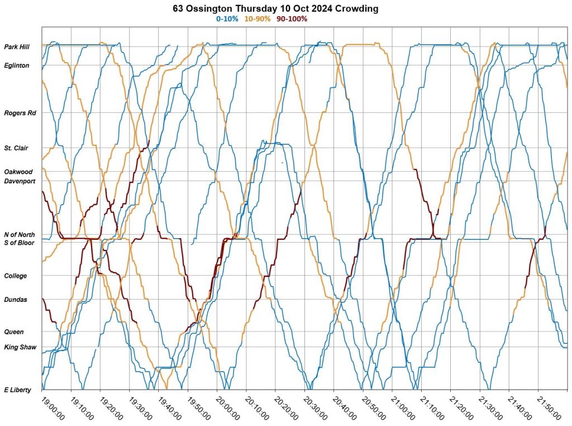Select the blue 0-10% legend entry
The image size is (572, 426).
[x=227, y=18]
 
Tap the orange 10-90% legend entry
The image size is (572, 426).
[x=258, y=18]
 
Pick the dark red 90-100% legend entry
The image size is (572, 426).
[x=292, y=18]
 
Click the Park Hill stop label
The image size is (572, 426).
[x=16, y=47]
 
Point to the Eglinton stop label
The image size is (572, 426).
[x=16, y=65]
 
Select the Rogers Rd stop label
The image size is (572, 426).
[x=20, y=113]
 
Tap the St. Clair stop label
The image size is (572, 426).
[x=16, y=148]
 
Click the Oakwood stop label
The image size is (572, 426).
[x=18, y=172]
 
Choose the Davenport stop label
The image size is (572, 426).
[x=19, y=181]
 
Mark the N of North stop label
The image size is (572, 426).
[x=19, y=235]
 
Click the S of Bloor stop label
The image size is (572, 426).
[x=19, y=243]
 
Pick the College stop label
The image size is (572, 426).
[x=16, y=276]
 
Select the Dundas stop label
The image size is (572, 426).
[x=16, y=300]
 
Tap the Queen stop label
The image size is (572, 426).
[x=14, y=332]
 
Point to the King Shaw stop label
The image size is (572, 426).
[x=20, y=347]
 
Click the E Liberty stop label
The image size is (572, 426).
[x=18, y=390]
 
